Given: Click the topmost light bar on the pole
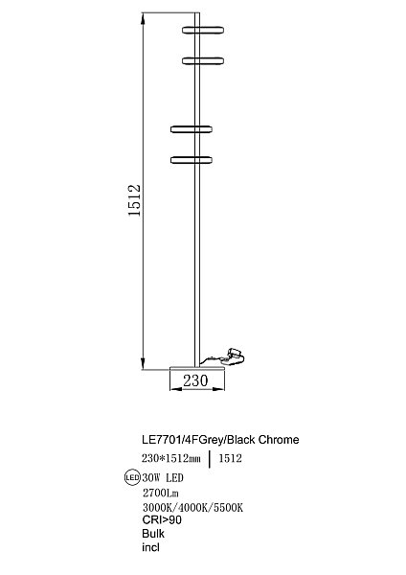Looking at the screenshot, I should [x=202, y=29].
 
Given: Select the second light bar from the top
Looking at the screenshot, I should [x=202, y=59].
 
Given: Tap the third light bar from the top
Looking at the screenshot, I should [x=192, y=127].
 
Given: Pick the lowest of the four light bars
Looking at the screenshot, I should [x=192, y=158].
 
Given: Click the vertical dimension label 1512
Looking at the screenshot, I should [x=134, y=201].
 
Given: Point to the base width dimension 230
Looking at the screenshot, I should [x=195, y=380].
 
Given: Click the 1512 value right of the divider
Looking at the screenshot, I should [x=231, y=459].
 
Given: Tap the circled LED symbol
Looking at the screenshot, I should [x=133, y=476].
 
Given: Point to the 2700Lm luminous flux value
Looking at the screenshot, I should [x=159, y=492].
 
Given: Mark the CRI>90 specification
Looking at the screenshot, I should [x=161, y=519].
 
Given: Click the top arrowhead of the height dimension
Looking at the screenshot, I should [x=143, y=22].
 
